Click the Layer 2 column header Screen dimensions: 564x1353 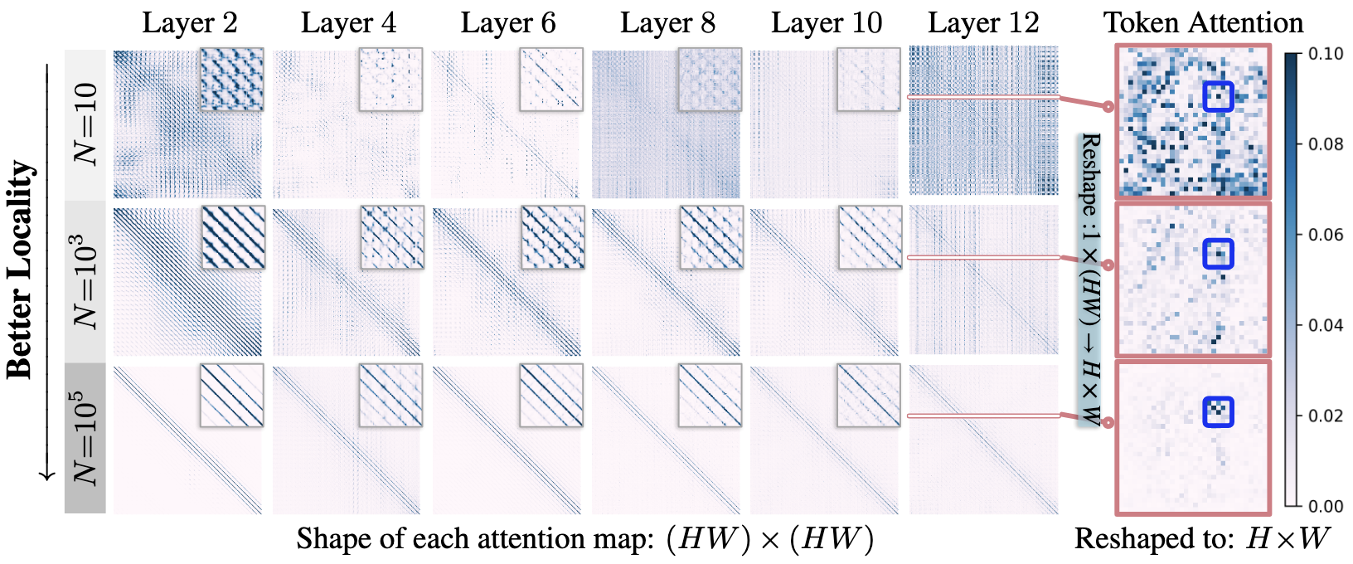tap(190, 23)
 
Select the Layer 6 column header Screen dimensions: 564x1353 tap(508, 23)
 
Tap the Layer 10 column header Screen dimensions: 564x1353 tap(827, 23)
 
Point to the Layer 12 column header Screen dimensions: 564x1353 tap(983, 23)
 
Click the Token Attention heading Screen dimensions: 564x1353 tap(1203, 22)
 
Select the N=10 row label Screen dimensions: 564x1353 tap(86, 124)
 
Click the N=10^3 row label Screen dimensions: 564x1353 tap(86, 281)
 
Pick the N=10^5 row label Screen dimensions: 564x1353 tap(86, 438)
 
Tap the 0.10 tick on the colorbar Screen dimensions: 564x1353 tap(1326, 54)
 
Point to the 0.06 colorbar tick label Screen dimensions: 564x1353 tap(1326, 235)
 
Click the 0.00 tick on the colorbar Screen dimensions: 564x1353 tap(1326, 506)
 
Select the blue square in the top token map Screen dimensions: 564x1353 tap(1218, 96)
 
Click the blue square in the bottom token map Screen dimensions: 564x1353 tap(1218, 411)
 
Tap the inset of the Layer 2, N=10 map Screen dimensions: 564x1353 tap(232, 79)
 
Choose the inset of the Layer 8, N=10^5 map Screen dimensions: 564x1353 tap(710, 396)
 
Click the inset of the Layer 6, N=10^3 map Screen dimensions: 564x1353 tap(552, 237)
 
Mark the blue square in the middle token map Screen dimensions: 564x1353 tap(1218, 254)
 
